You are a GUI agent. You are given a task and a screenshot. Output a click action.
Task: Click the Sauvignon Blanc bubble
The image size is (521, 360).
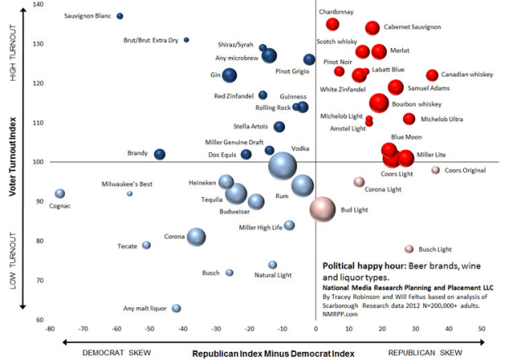click(120, 16)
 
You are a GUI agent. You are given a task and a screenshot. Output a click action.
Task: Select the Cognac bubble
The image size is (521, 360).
click(59, 194)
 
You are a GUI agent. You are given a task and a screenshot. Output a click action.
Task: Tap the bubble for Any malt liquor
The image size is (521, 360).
click(176, 309)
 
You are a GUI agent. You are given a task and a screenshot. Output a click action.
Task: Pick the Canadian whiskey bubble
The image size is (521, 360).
click(432, 76)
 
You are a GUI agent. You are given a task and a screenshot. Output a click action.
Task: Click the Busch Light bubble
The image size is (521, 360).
click(409, 249)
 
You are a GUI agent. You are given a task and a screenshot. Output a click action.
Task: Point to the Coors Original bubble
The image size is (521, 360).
click(436, 170)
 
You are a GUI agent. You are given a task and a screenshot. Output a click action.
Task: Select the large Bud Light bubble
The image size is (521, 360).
click(322, 209)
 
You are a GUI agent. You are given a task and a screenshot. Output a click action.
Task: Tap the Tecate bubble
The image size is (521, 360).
click(147, 245)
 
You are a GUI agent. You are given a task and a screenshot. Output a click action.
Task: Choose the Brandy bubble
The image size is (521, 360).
click(160, 155)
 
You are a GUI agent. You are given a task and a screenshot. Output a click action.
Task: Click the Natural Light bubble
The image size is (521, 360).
click(273, 265)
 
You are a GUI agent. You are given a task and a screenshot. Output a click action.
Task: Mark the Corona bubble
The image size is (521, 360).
click(196, 237)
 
